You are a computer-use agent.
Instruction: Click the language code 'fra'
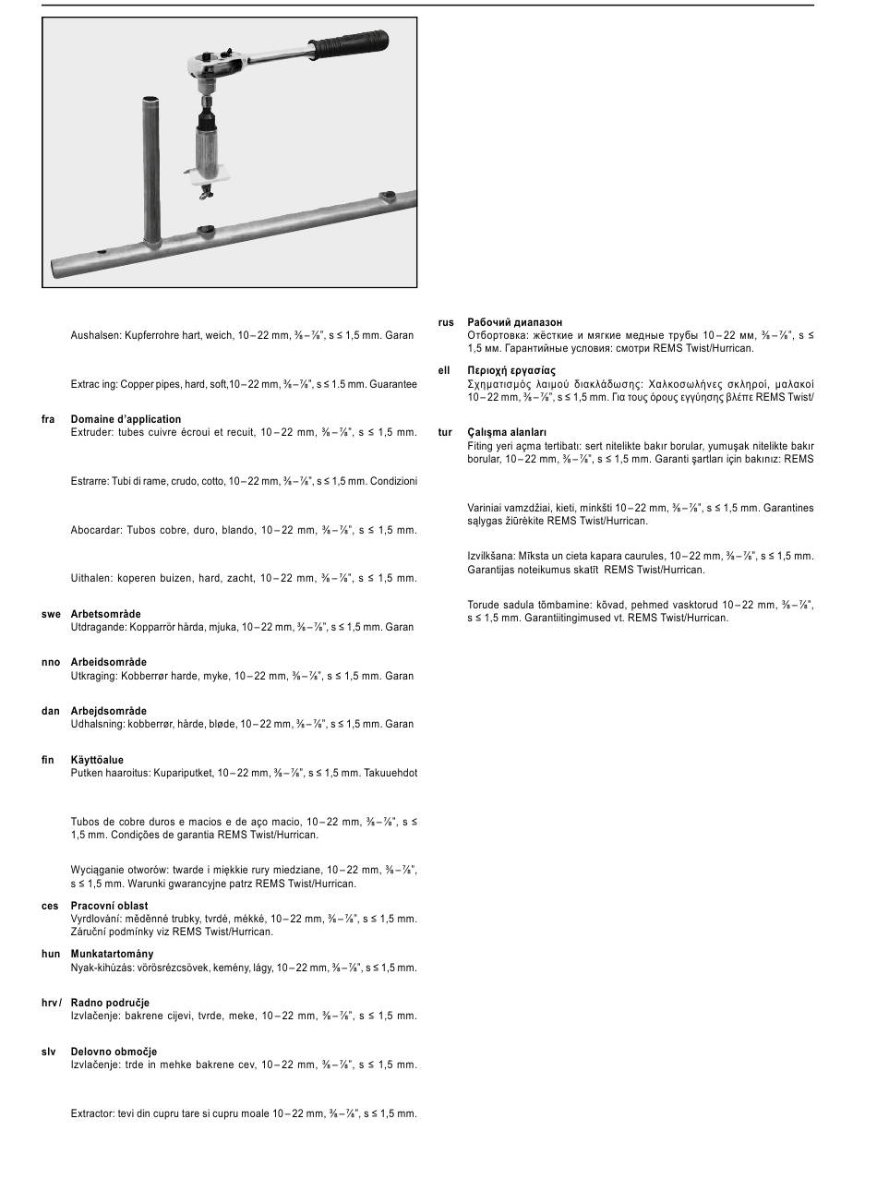point(49,419)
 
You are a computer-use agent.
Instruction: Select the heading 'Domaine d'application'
point(126,419)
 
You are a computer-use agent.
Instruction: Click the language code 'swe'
point(51,614)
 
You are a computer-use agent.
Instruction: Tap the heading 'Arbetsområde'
point(105,614)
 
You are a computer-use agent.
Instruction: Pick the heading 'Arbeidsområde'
point(108,663)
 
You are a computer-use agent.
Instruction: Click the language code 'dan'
point(50,711)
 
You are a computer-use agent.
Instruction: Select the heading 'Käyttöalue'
point(97,760)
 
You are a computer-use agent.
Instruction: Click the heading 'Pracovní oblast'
point(109,906)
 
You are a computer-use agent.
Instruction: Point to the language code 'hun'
point(51,954)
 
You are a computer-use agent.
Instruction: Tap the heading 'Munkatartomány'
point(112,954)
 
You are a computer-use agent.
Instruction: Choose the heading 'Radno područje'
point(110,1003)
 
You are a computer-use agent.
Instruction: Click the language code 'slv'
point(49,1052)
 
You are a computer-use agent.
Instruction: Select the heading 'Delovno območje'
point(114,1052)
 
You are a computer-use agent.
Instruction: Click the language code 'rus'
point(446,322)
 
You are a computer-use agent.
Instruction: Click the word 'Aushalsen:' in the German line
point(96,335)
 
